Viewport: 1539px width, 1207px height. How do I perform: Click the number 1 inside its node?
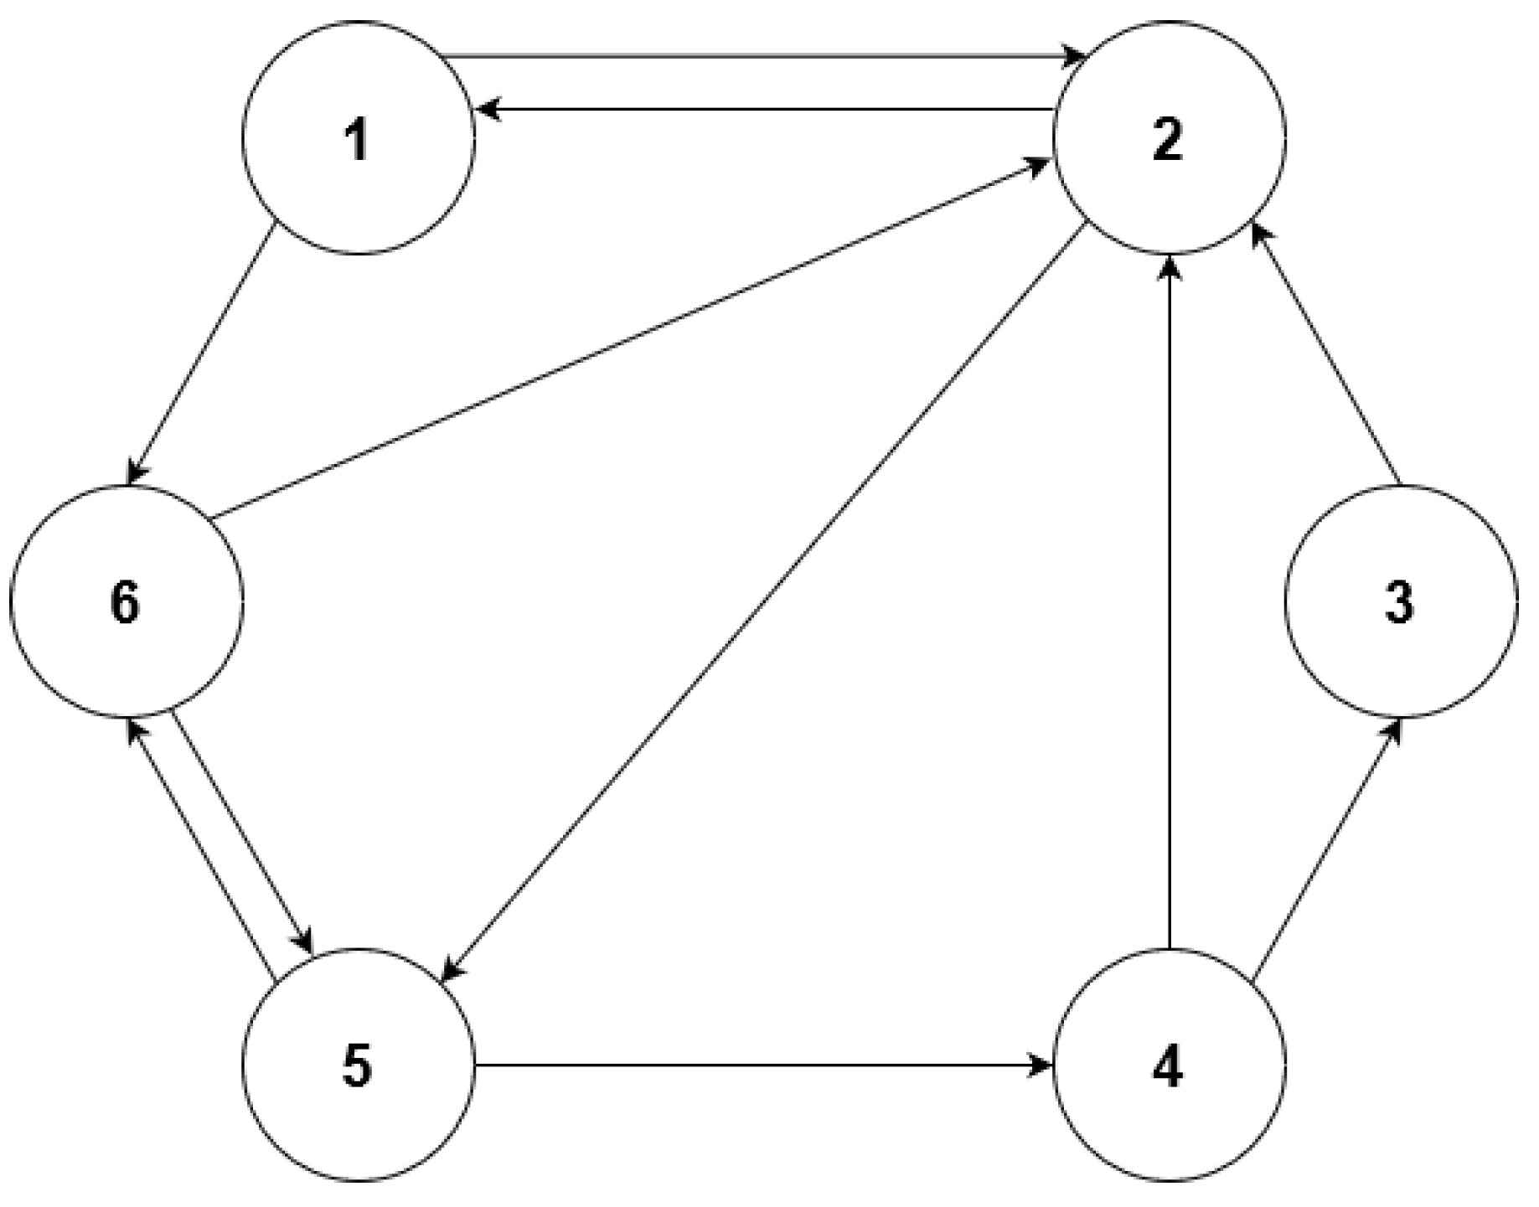tap(358, 140)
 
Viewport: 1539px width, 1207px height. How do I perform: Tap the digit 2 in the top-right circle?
tap(1168, 140)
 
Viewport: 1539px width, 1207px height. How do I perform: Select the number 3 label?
tap(1399, 603)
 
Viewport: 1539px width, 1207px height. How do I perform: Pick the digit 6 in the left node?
tap(125, 603)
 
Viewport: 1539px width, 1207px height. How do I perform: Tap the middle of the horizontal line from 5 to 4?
tap(762, 1066)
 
